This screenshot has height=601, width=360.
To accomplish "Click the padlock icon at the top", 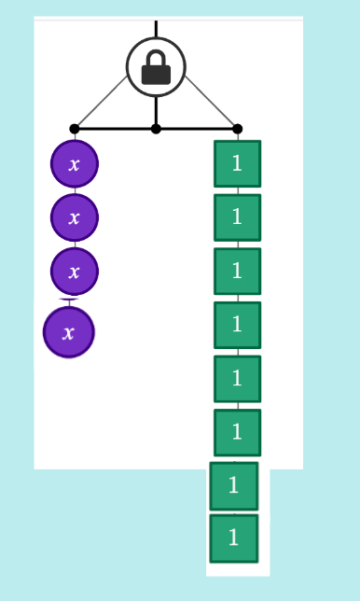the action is (156, 67).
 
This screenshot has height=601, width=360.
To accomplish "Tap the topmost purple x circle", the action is (75, 163).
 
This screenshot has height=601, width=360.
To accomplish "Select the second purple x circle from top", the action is (75, 217).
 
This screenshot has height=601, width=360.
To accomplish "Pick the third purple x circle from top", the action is (75, 272).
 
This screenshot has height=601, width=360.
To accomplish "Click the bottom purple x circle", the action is (69, 332).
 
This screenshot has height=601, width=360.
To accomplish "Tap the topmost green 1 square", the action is (238, 163).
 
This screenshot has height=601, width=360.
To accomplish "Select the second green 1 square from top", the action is (238, 217).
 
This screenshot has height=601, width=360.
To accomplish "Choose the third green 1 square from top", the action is (238, 272).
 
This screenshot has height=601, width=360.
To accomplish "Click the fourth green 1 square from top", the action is (238, 325).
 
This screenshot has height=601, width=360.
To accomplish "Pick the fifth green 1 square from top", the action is (238, 379).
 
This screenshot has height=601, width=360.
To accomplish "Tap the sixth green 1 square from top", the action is (238, 433).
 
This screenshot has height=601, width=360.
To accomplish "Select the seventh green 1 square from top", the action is (234, 486).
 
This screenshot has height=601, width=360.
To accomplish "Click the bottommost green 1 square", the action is (234, 538).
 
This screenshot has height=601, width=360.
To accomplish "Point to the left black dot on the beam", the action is (75, 129).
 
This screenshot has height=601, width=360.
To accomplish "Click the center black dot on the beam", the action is (156, 129).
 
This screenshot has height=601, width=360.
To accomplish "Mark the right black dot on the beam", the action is (238, 129).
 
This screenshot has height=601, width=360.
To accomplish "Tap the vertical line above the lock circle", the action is (156, 29).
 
